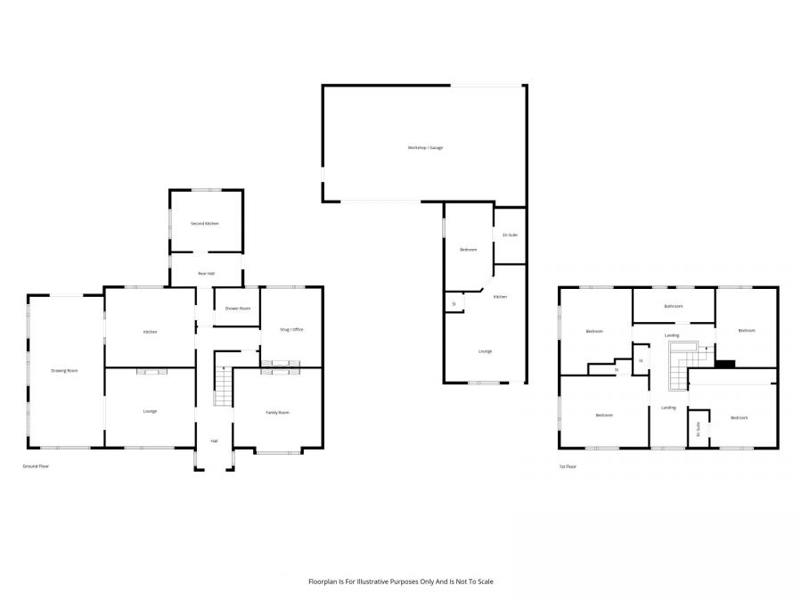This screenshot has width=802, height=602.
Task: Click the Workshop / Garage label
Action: click(425, 147)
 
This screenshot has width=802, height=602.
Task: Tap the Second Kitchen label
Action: click(205, 223)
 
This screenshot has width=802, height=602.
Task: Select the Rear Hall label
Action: click(206, 274)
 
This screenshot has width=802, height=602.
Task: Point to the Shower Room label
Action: click(238, 309)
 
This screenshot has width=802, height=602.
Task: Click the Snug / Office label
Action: click(292, 329)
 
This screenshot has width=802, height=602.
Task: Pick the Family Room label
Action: click(278, 412)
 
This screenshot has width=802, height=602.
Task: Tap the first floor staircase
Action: click(679, 367)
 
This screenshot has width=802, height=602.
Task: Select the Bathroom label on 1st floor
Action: click(673, 306)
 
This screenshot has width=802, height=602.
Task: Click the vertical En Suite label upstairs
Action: click(698, 429)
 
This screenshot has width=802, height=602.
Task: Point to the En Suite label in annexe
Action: click(510, 235)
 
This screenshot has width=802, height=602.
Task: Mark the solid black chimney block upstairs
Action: click(725, 363)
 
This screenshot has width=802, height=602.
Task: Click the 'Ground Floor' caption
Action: click(36, 466)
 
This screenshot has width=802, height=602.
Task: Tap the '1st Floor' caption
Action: click(568, 466)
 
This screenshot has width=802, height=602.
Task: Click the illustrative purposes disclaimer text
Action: click(400, 581)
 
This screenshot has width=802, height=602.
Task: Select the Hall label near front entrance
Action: click(214, 441)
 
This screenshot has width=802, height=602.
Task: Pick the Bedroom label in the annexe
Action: click(468, 250)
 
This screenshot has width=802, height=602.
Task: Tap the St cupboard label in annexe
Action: click(454, 304)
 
